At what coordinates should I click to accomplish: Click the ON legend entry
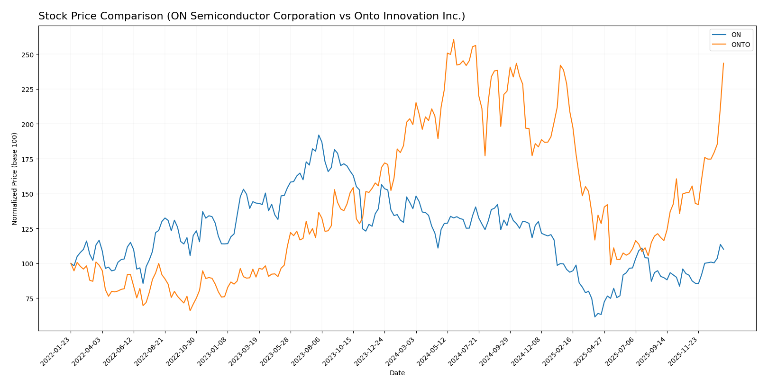click(x=736, y=35)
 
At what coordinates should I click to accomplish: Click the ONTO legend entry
click(x=740, y=45)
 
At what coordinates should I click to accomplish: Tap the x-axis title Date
click(x=397, y=373)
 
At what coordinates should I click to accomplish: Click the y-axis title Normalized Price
click(x=15, y=179)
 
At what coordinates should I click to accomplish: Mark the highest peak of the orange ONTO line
click(x=453, y=39)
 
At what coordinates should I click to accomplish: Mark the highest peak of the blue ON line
click(x=319, y=135)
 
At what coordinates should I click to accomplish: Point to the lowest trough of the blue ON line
click(x=594, y=317)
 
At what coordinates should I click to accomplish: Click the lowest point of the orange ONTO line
click(x=190, y=311)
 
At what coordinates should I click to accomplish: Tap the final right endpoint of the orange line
click(x=723, y=63)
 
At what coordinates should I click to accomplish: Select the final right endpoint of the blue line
click(x=723, y=249)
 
